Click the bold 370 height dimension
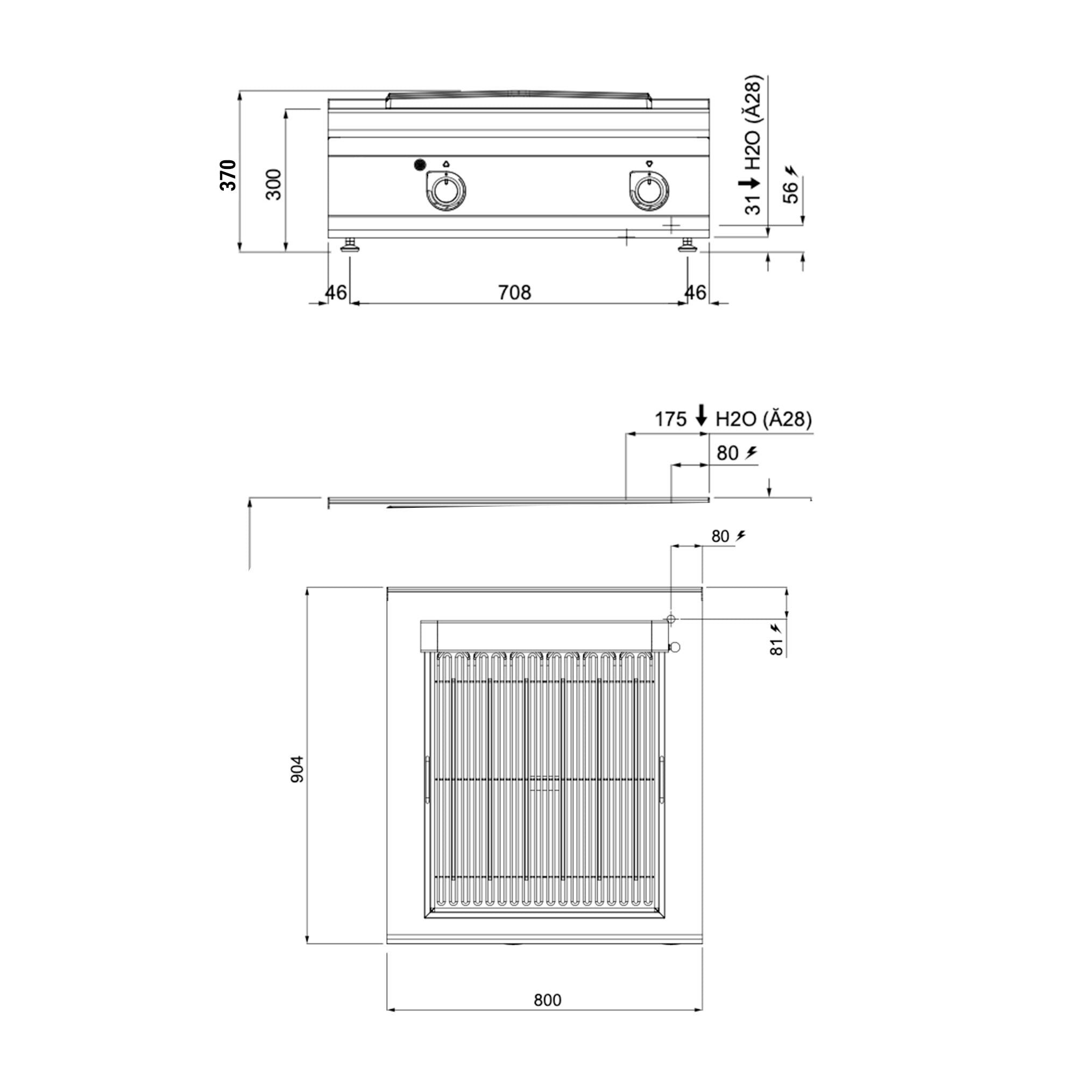[x=228, y=175]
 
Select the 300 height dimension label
[x=274, y=185]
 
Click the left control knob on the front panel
[x=445, y=191]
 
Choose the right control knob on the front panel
[x=649, y=191]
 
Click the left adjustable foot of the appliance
[x=350, y=245]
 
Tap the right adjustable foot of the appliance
[x=687, y=245]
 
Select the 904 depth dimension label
[x=298, y=769]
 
